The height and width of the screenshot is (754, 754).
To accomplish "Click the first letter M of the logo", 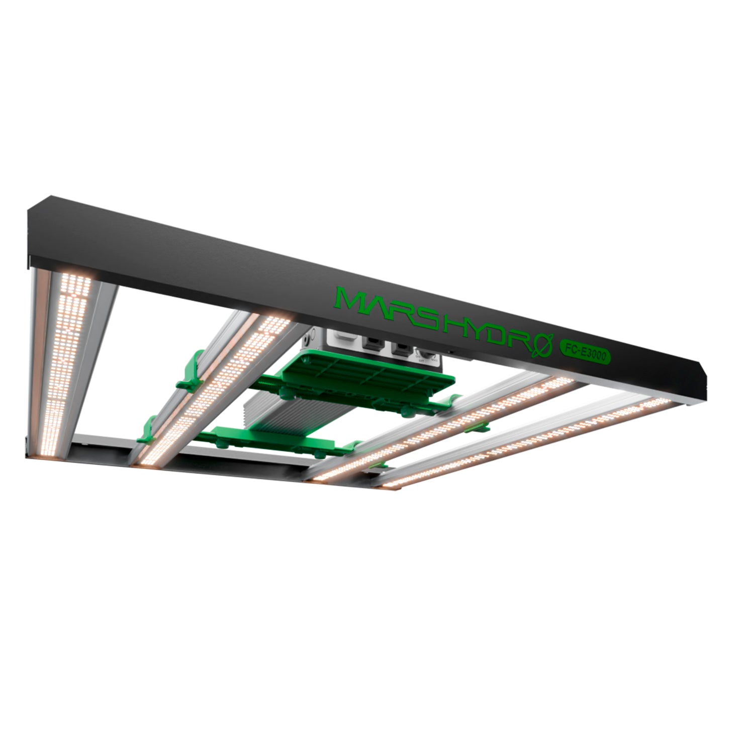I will pos(352,300).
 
